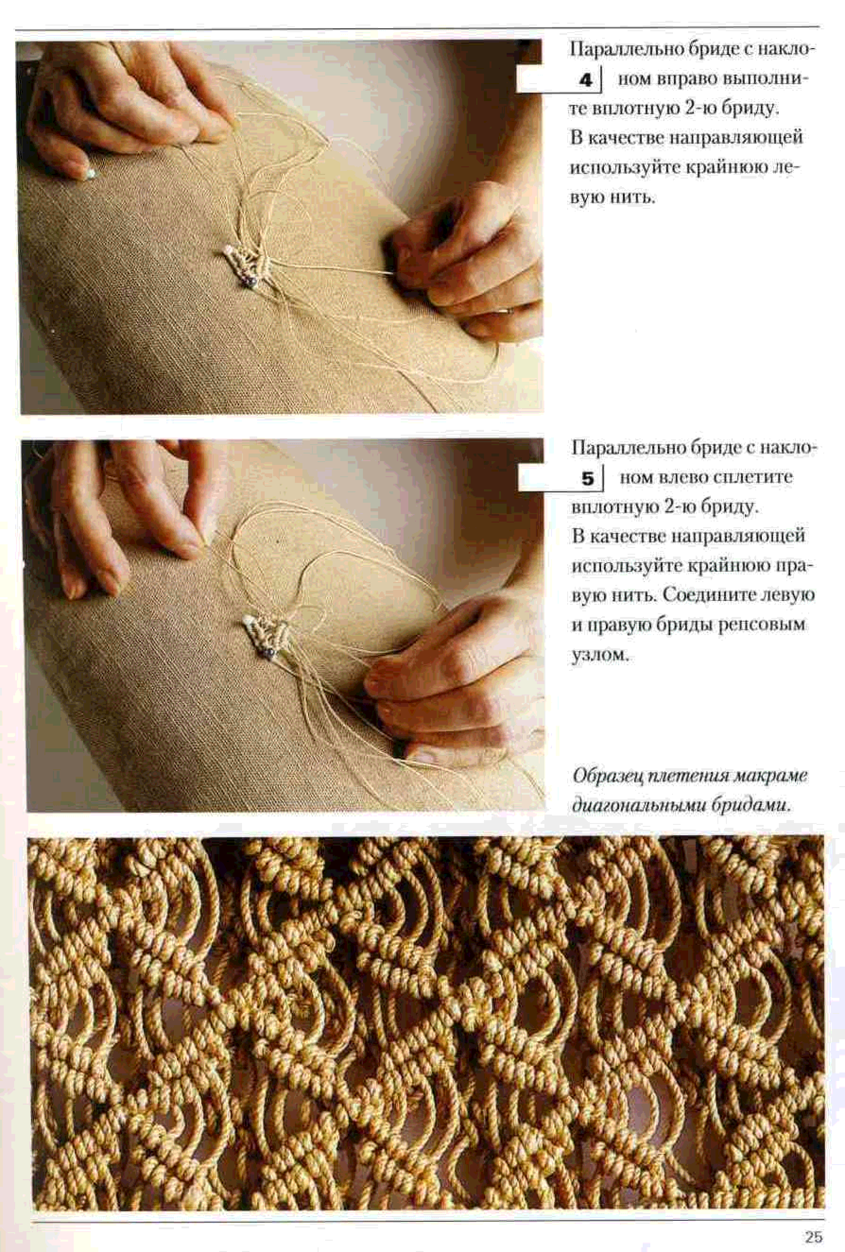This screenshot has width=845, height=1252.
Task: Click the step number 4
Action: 586,80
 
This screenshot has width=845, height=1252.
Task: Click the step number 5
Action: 587,479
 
